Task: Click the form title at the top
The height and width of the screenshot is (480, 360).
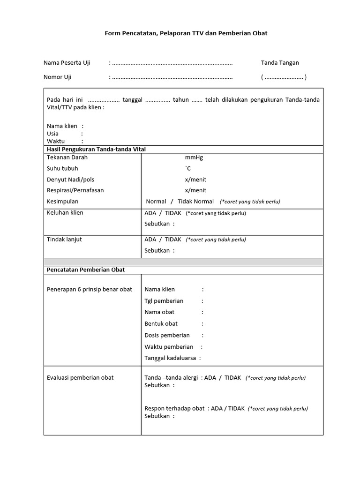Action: coord(186,34)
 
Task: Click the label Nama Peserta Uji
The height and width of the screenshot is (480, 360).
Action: coord(67,63)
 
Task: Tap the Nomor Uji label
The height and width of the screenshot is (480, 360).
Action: coord(58,77)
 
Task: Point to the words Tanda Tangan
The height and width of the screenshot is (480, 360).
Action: coord(280,63)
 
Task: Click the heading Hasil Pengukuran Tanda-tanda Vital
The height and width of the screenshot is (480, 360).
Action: coord(97,149)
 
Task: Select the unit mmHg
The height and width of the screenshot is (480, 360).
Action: coord(194,157)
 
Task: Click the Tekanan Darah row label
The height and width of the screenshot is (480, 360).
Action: coord(67,157)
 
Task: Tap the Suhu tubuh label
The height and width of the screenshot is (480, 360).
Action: coord(62,168)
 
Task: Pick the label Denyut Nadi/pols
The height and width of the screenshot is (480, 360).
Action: coord(70,180)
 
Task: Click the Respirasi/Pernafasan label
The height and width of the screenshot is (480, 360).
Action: coord(75,190)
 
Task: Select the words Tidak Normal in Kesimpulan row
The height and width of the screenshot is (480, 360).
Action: coord(196,202)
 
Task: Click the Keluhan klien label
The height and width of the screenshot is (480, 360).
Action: coord(65,213)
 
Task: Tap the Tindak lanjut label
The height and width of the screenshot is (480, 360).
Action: coord(64,240)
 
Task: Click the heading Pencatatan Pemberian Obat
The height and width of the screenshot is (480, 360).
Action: coord(86,270)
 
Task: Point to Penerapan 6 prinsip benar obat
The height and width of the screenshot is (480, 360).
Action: coord(90,289)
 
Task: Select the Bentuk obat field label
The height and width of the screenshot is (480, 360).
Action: coord(161,323)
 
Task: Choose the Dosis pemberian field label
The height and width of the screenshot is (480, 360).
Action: coord(167,335)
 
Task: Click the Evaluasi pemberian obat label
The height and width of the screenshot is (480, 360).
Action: coord(80,378)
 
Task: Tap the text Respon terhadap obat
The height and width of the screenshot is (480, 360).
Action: coord(174,408)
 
